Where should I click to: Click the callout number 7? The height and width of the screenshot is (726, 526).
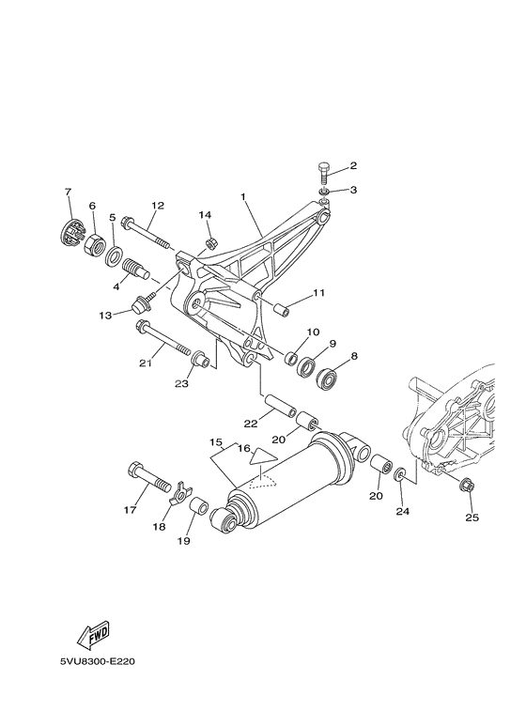coord(68,193)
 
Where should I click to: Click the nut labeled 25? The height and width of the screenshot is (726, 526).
coord(468,486)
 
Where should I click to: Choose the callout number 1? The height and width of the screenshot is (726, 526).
coord(242,198)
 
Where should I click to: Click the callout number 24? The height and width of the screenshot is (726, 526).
coord(403,512)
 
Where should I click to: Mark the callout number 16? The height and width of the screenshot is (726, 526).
coord(243,449)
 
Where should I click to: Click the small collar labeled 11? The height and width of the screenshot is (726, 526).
coord(279,307)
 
